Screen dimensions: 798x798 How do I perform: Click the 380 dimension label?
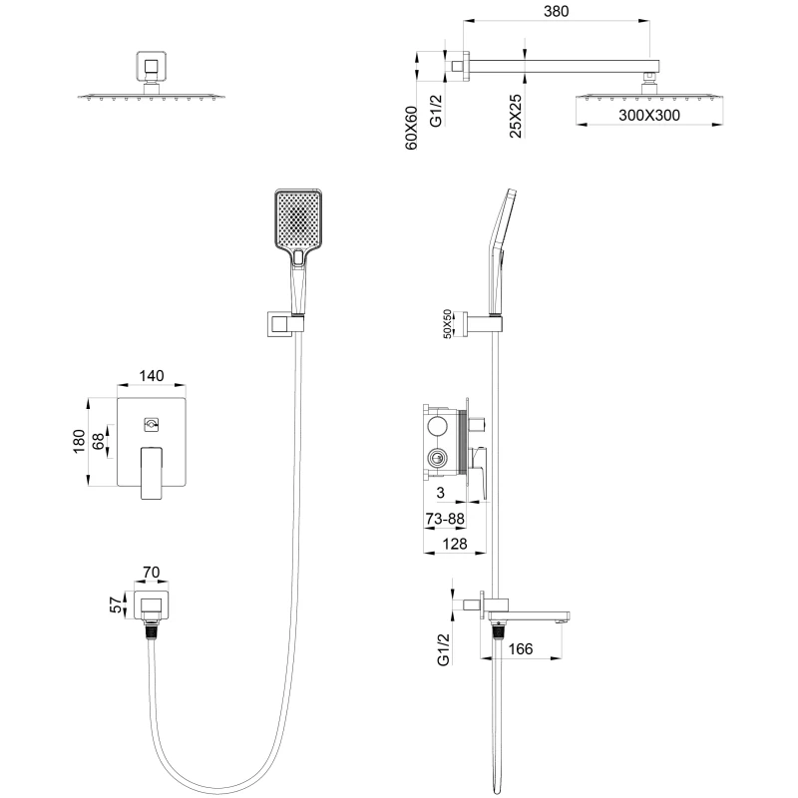[x=556, y=12]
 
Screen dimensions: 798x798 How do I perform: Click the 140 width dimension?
[x=152, y=376]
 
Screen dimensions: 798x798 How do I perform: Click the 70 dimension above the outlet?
[x=152, y=573]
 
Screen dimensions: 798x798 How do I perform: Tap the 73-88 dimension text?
[x=443, y=518]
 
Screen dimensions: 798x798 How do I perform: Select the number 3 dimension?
[x=439, y=493]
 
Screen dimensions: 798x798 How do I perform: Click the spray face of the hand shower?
[x=297, y=218]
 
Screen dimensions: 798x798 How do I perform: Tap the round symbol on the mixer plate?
[x=152, y=424]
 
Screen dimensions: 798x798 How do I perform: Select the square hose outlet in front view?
[x=152, y=604]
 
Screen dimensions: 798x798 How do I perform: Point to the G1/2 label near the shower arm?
[x=435, y=108]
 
